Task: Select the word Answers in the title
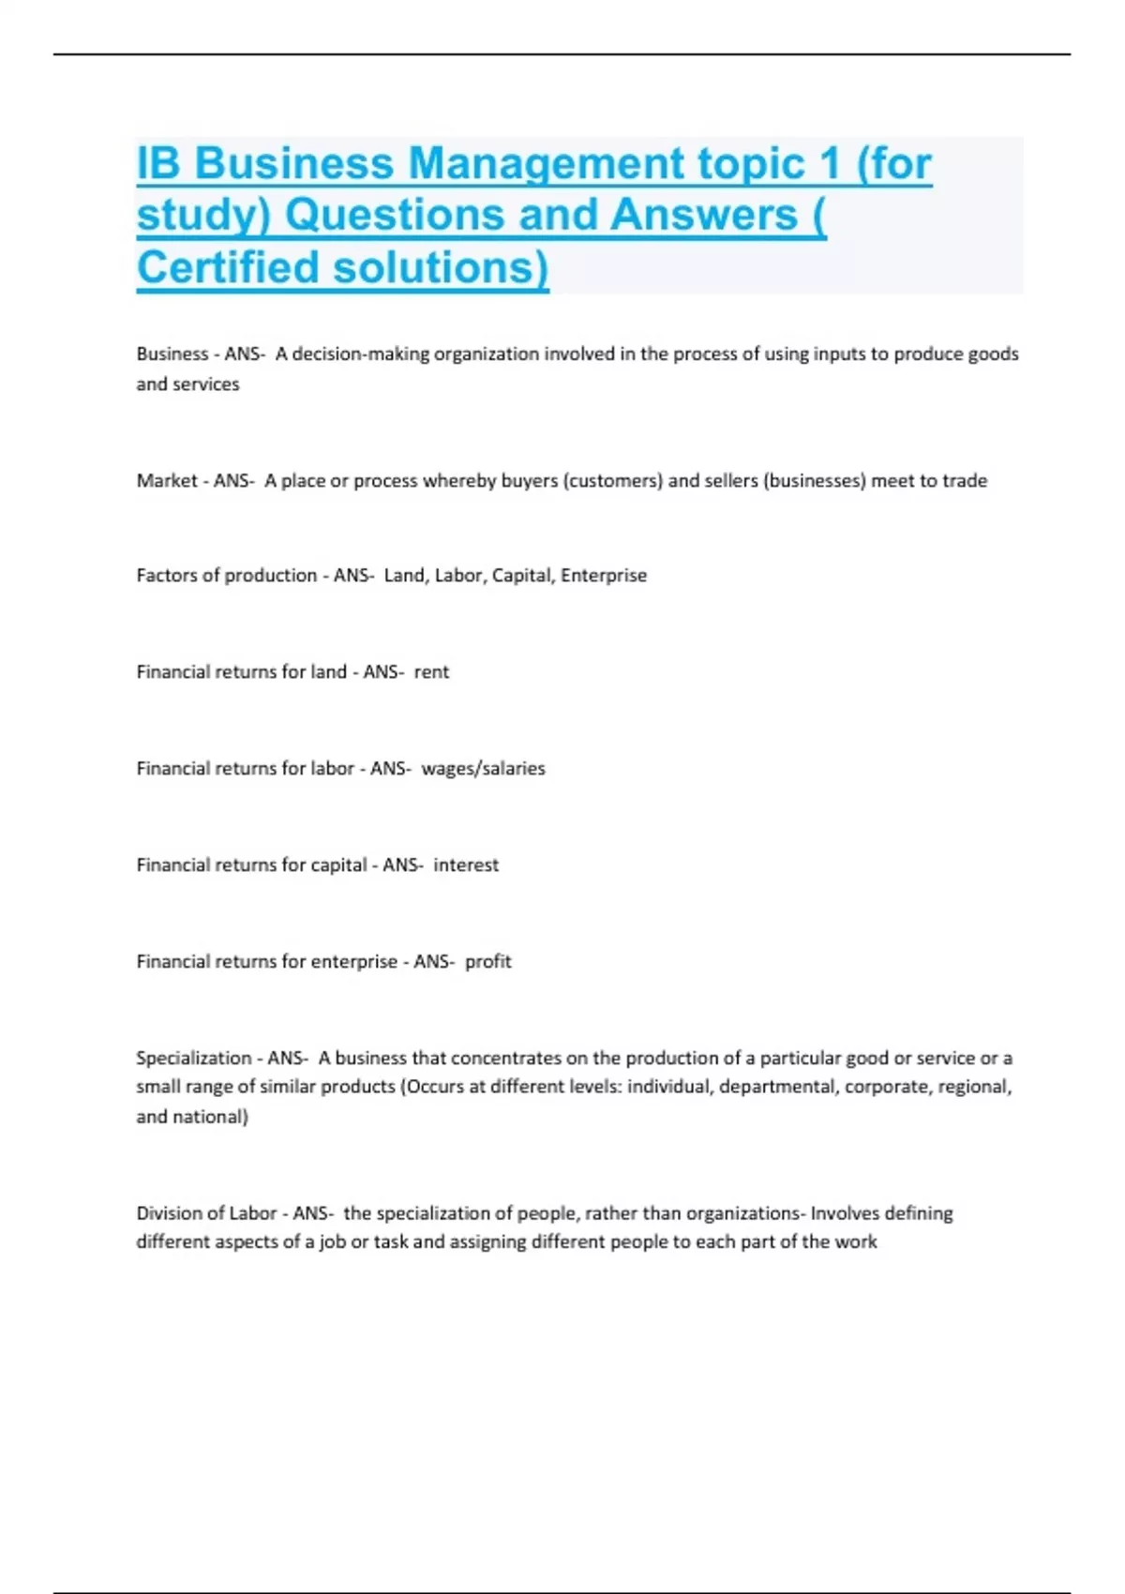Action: [x=704, y=216]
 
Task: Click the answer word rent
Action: [x=431, y=672]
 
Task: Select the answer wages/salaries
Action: [x=483, y=769]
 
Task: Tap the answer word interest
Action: [x=466, y=865]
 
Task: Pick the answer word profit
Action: [x=488, y=962]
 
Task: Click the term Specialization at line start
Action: [x=194, y=1059]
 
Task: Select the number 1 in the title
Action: [x=828, y=165]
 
